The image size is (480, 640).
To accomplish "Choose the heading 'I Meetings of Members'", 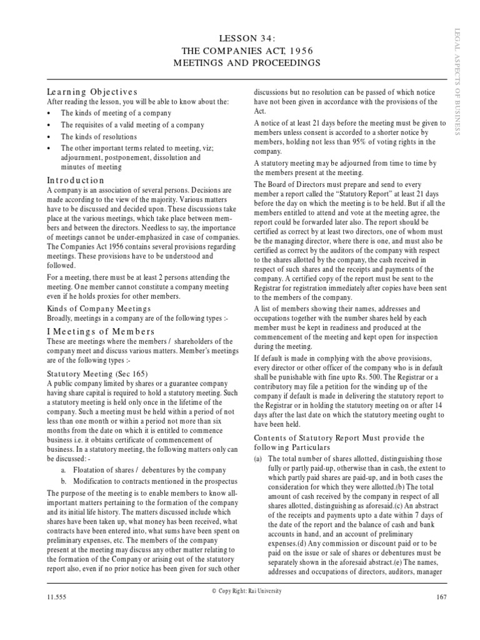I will (x=92, y=331).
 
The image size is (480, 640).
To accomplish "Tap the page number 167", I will (x=442, y=597).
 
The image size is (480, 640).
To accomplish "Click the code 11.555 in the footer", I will (x=56, y=597).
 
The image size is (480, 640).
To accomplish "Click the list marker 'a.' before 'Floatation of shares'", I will (x=64, y=469).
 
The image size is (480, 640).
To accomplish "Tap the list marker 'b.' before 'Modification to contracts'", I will (x=64, y=481).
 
